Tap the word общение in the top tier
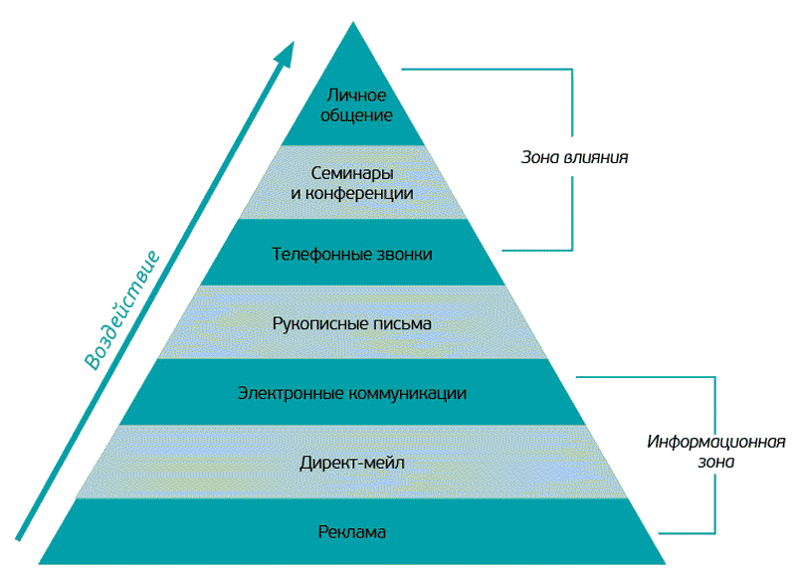(x=352, y=114)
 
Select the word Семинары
(x=351, y=173)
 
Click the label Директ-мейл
(x=352, y=463)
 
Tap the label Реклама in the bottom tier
(x=352, y=532)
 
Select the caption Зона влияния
(x=575, y=157)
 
